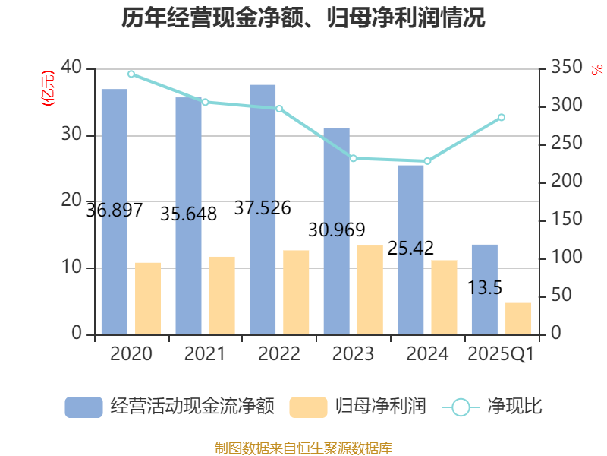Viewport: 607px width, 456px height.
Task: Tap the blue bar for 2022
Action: [263, 209]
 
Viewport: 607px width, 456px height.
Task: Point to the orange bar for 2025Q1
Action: [519, 318]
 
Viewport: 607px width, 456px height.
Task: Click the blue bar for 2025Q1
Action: [484, 289]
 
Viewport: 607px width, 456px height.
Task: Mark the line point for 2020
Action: [131, 74]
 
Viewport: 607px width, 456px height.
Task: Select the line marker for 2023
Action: [354, 158]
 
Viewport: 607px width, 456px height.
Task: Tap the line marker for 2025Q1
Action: [502, 117]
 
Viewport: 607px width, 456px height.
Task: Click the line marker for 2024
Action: [427, 161]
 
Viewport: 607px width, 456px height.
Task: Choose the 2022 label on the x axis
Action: [279, 354]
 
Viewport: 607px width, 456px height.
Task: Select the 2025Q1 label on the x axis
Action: [502, 354]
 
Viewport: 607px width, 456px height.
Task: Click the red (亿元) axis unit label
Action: [47, 87]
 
